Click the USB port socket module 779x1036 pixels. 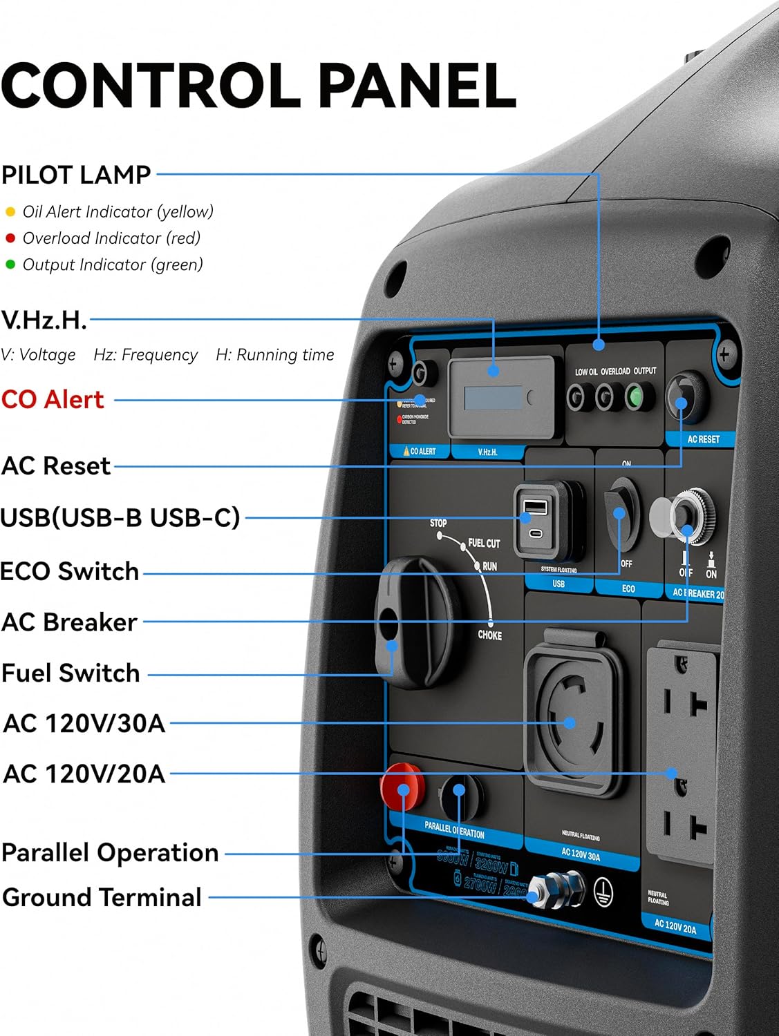547,519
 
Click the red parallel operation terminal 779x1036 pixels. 402,787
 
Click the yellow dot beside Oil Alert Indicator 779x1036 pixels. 10,212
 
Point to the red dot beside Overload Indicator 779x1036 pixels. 10,238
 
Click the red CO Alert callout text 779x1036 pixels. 53,399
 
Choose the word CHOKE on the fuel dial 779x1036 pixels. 489,635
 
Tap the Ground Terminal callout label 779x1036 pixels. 102,897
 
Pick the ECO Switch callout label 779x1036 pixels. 70,571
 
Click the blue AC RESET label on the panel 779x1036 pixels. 703,439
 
